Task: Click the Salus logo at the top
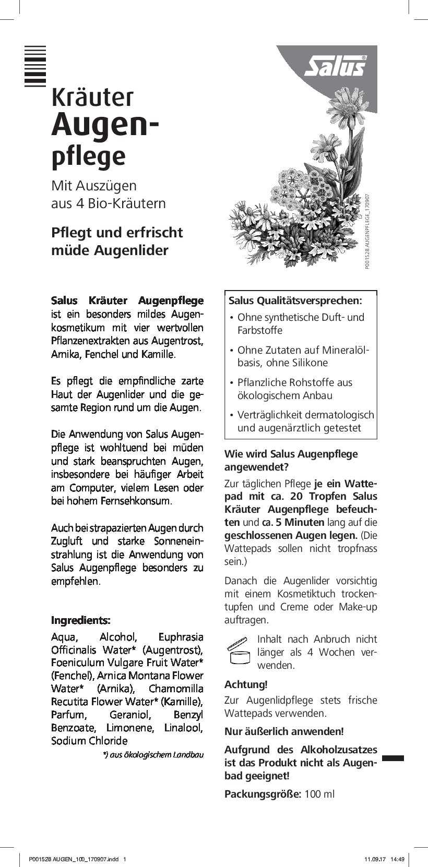pyautogui.click(x=335, y=67)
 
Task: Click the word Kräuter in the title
pyautogui.click(x=92, y=98)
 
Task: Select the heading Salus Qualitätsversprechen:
pyautogui.click(x=295, y=300)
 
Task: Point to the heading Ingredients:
pyautogui.click(x=80, y=620)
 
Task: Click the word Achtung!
pyautogui.click(x=246, y=684)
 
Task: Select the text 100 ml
pyautogui.click(x=319, y=794)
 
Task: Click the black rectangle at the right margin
pyautogui.click(x=393, y=758)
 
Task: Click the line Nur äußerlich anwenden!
pyautogui.click(x=284, y=731)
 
